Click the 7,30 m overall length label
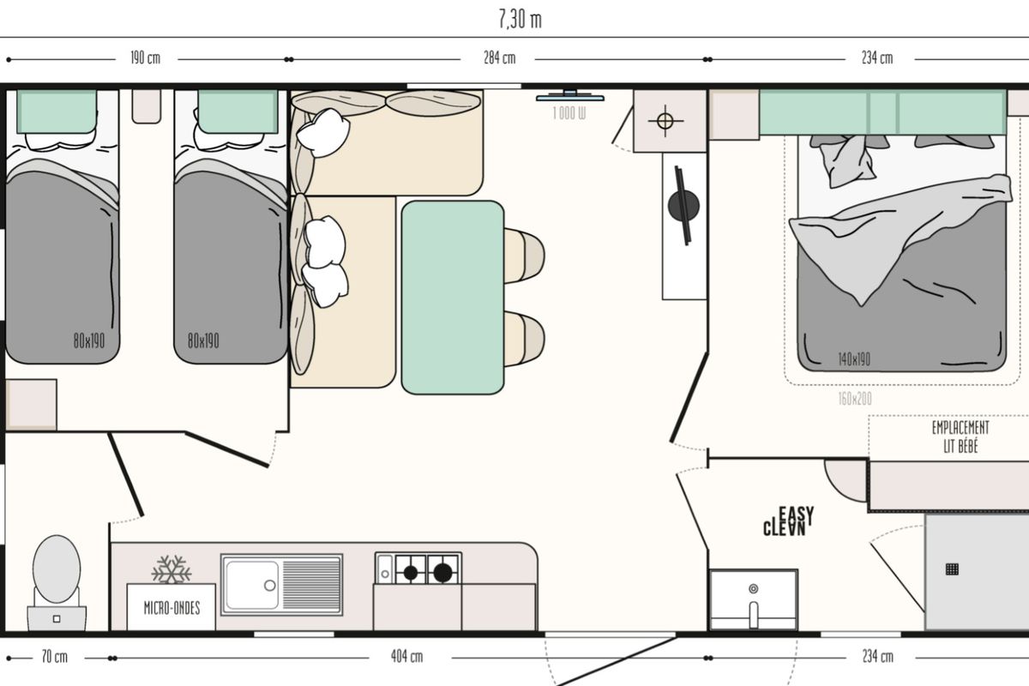520,20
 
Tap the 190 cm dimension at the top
146,58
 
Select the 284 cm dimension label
499,58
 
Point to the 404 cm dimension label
406,656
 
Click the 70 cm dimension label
55,657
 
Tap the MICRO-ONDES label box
171,607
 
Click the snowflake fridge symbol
171,569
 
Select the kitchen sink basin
252,585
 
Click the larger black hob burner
442,573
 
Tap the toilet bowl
57,569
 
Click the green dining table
453,298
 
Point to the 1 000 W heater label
569,113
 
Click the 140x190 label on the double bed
854,359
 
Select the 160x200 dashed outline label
855,399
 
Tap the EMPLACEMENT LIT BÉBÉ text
960,437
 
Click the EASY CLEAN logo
788,521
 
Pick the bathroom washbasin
754,600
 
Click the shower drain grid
953,569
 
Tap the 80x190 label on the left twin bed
89,341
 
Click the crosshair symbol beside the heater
665,121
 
